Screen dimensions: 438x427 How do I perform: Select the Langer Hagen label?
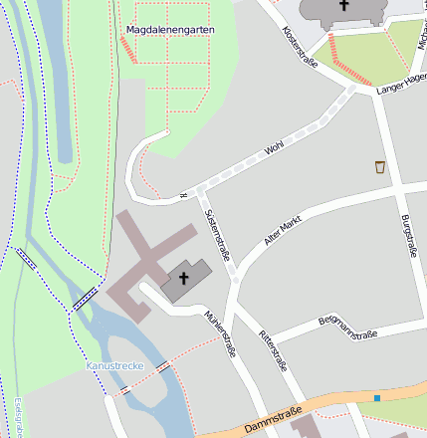click(x=401, y=85)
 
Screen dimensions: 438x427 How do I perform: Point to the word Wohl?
click(x=274, y=148)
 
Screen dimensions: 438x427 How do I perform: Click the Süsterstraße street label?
click(x=216, y=235)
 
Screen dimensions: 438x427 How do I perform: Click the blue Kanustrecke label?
click(x=115, y=366)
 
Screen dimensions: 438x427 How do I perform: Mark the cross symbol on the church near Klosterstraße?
click(x=344, y=6)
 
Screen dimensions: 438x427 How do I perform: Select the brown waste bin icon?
click(x=380, y=166)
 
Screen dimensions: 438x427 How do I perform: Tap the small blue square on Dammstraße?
click(x=377, y=398)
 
